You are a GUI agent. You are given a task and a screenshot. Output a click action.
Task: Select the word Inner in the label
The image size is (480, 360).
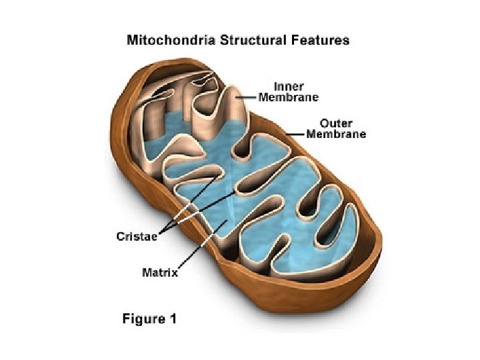(289, 87)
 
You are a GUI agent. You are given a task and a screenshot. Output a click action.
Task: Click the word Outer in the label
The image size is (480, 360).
(336, 123)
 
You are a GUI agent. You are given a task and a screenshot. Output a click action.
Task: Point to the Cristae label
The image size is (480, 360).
(136, 237)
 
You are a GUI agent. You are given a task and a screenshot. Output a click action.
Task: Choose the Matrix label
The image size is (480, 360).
(161, 272)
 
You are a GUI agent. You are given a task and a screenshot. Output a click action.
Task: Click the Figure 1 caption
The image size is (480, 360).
(149, 319)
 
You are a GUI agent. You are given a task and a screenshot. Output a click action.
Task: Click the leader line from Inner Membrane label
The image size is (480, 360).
(246, 97)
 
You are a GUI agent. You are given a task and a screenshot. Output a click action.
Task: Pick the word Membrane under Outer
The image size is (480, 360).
(336, 134)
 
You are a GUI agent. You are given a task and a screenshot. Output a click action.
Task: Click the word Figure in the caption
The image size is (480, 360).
(143, 319)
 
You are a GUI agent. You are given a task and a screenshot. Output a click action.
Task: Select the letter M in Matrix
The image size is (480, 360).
(147, 272)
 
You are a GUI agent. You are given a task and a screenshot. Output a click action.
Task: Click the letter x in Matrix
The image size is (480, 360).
(176, 272)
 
